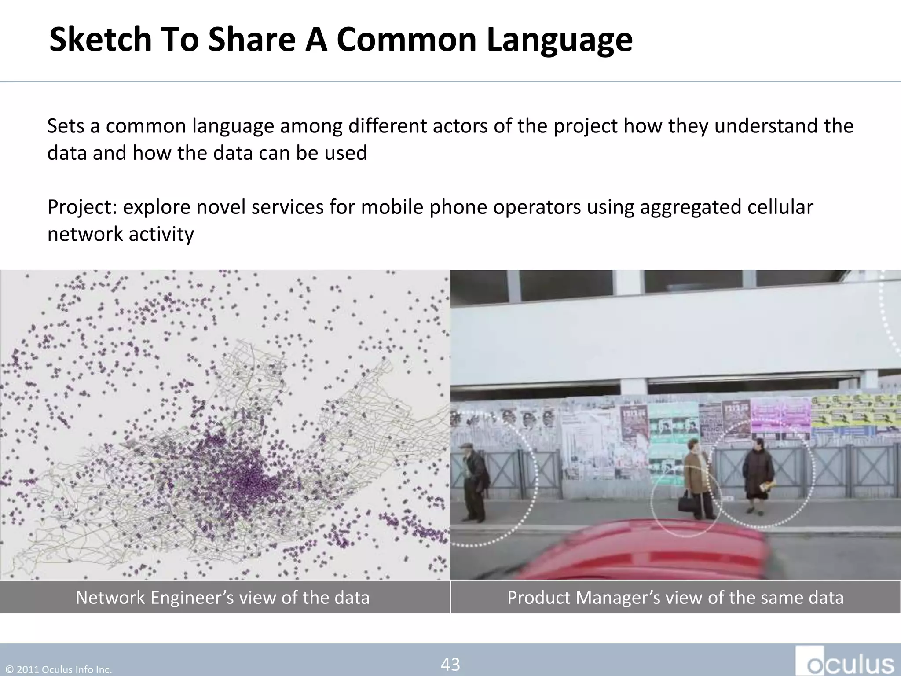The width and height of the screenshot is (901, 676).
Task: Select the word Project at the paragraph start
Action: coord(82,207)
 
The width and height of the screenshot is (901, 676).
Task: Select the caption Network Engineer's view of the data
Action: coord(223,597)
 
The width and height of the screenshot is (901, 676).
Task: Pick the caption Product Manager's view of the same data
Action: coord(675,597)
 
